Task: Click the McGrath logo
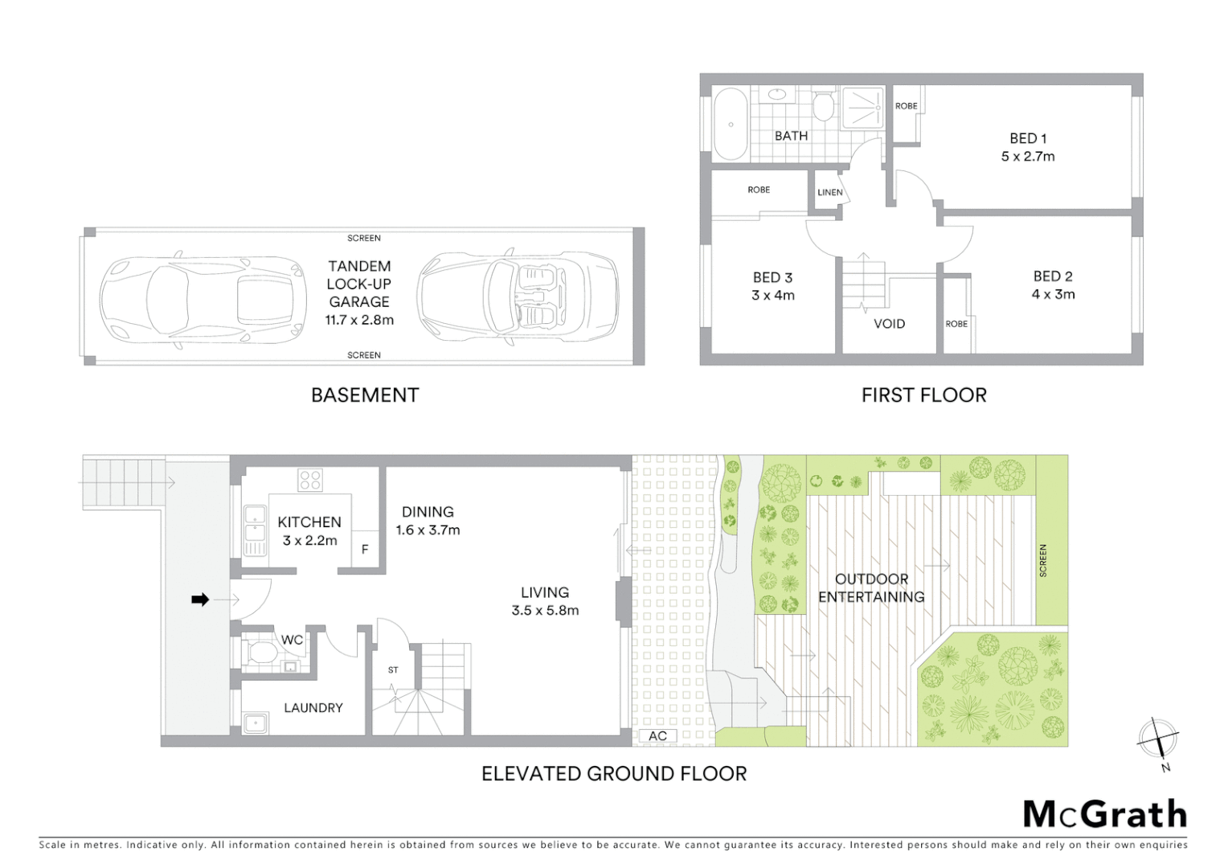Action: (x=1104, y=814)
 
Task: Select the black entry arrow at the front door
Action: (x=200, y=599)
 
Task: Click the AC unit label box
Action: (x=657, y=735)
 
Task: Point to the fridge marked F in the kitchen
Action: (x=365, y=550)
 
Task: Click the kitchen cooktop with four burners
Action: (x=310, y=480)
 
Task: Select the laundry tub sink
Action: (x=256, y=723)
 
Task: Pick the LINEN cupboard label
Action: (x=829, y=192)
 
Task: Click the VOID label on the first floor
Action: (x=889, y=324)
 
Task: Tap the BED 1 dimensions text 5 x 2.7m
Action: (x=1027, y=157)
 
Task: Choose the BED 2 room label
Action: (x=1052, y=276)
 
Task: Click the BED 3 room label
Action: (x=772, y=277)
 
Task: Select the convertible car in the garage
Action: (x=518, y=298)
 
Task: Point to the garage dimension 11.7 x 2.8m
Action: (x=359, y=320)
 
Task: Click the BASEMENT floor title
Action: (x=365, y=395)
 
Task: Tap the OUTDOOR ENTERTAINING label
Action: (x=871, y=588)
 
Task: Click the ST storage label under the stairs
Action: (x=393, y=669)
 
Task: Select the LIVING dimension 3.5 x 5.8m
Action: (x=545, y=611)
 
